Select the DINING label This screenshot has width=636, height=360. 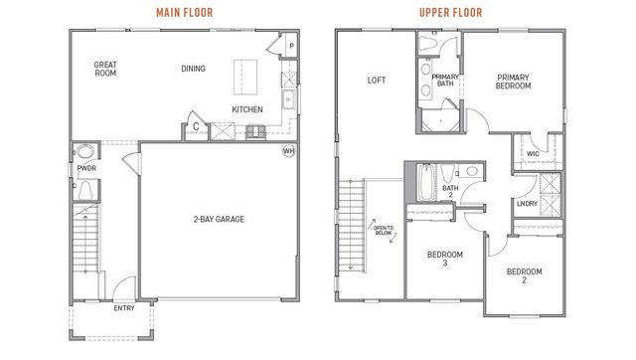(x=194, y=69)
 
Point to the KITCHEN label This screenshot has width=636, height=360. (x=246, y=109)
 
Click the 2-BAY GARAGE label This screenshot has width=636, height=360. (x=220, y=219)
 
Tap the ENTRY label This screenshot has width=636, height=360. (x=124, y=308)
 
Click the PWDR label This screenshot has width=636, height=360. (x=84, y=169)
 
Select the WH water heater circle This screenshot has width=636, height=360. (x=289, y=151)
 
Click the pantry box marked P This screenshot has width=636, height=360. (x=292, y=47)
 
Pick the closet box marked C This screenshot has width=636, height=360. (x=197, y=127)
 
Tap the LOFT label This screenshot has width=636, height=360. (x=377, y=81)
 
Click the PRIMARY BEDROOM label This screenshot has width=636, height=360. (x=513, y=82)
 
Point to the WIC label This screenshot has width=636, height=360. (x=533, y=154)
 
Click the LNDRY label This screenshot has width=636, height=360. (x=527, y=204)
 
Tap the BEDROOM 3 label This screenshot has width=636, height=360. (x=444, y=259)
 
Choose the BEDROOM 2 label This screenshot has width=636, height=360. (x=524, y=276)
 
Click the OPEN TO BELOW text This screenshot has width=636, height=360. (x=383, y=232)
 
